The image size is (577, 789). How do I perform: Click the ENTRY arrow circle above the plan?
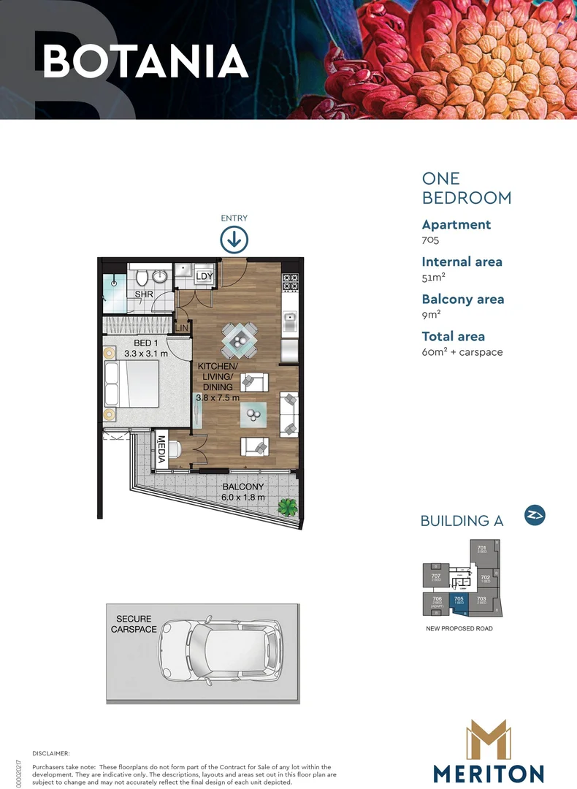234,240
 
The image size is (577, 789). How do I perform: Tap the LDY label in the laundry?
205,276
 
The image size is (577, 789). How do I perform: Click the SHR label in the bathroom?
143,294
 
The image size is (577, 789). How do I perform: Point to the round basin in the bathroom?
161,275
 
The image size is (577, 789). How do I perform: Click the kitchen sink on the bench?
290,317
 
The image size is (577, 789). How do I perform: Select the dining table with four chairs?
240,339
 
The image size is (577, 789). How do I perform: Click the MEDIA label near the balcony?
161,450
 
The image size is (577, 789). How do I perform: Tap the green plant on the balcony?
288,506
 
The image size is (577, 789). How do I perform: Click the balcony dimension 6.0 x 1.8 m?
244,498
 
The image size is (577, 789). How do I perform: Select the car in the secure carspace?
221,647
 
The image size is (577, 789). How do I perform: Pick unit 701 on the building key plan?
482,549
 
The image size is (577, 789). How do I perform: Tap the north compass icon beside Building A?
535,516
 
